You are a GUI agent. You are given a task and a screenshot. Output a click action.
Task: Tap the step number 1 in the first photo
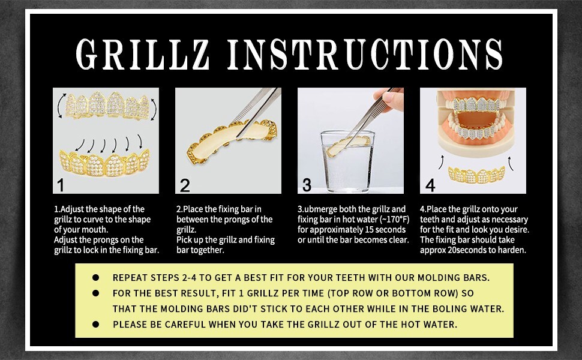(x=61, y=184)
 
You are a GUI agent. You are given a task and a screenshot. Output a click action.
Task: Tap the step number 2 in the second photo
(x=184, y=184)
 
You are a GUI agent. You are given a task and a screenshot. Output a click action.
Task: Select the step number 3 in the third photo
(x=307, y=184)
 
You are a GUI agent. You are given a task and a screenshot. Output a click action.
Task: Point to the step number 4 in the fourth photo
(x=430, y=185)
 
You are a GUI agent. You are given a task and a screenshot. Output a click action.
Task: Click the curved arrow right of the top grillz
(x=155, y=110)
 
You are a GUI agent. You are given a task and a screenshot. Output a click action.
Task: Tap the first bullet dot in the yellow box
(x=95, y=278)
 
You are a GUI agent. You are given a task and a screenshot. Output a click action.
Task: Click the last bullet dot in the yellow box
(x=95, y=325)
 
